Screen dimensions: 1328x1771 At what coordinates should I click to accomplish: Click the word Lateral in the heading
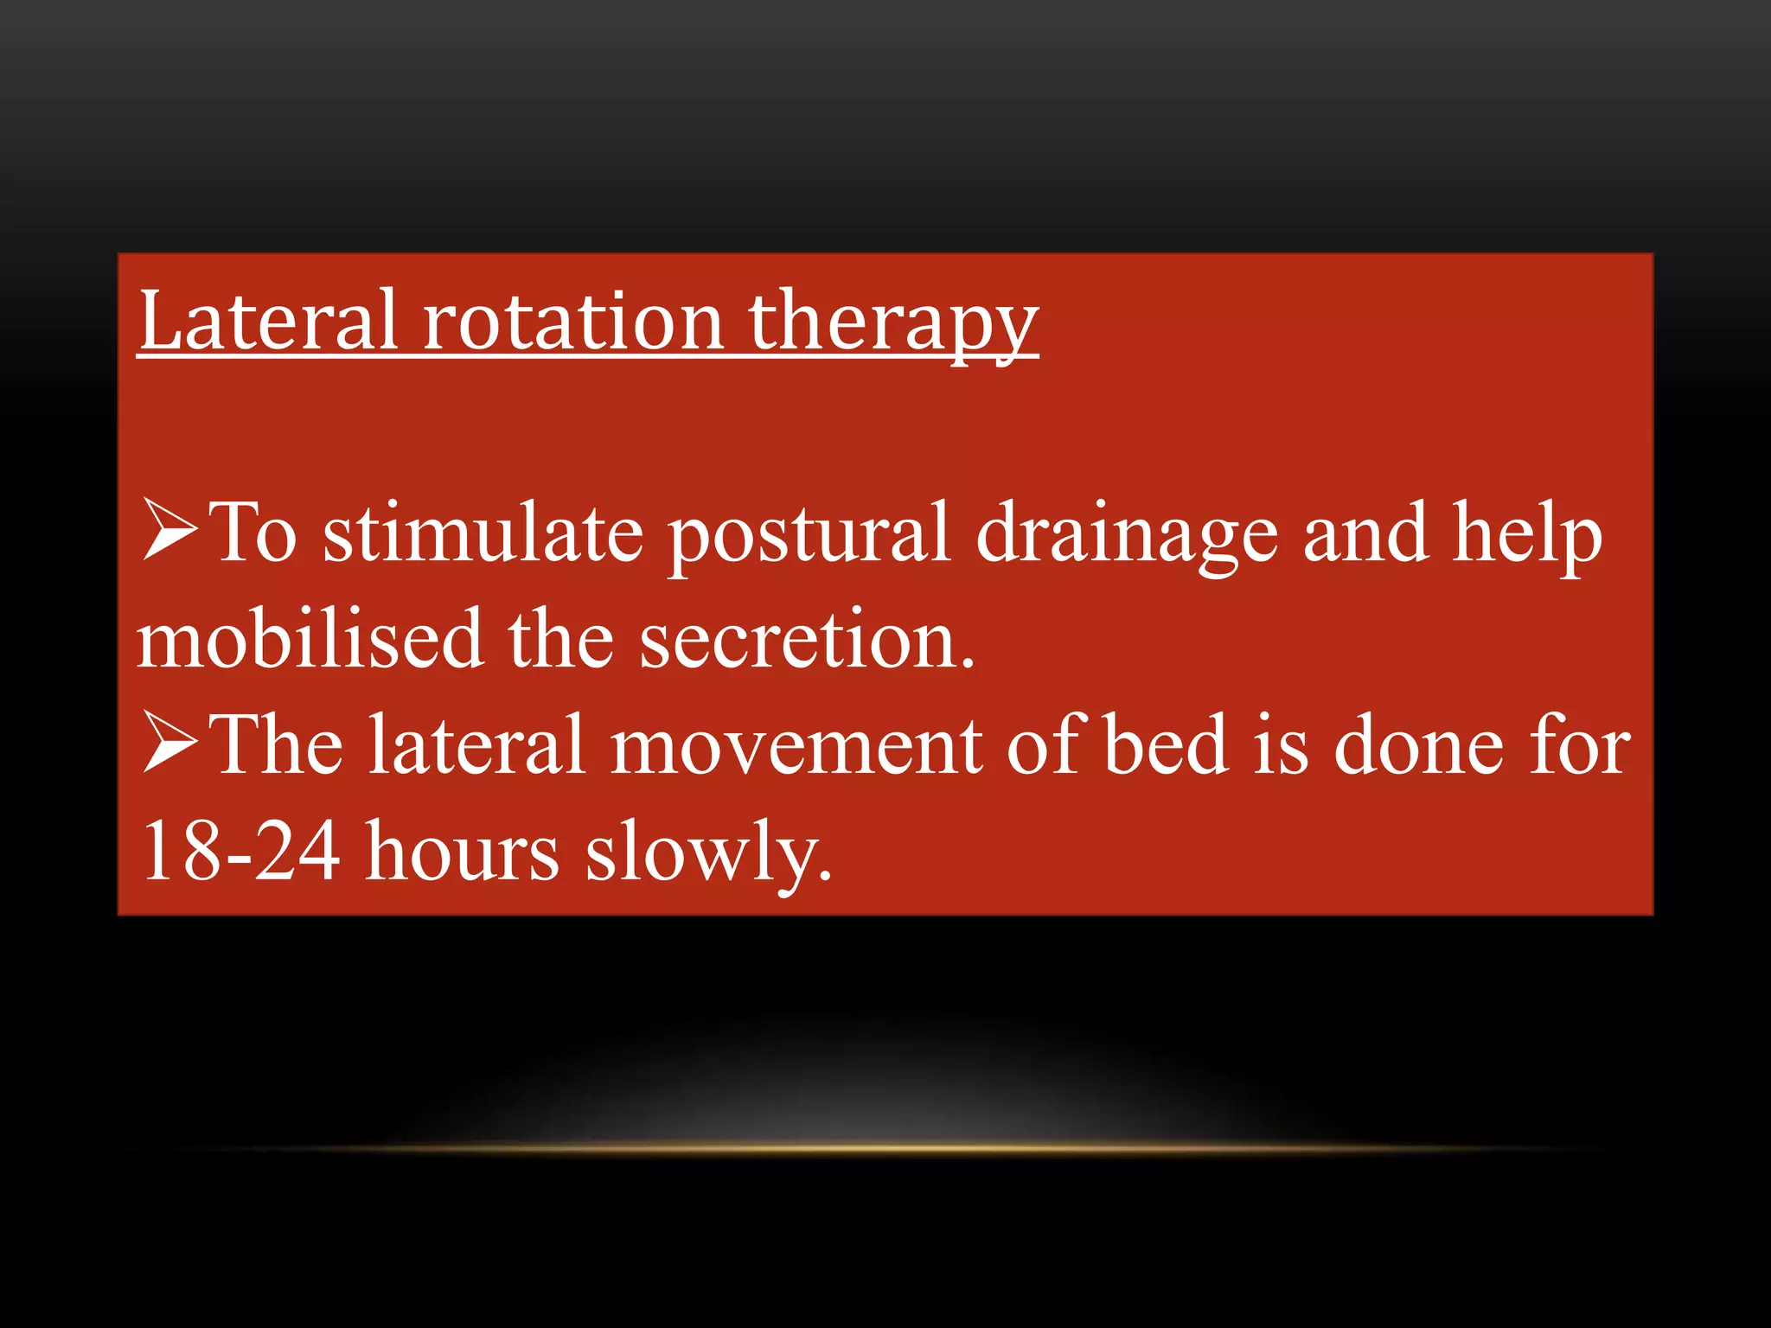pos(268,322)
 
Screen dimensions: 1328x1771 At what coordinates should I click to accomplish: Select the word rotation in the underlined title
pos(572,322)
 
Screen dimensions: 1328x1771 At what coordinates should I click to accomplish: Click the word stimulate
pos(483,534)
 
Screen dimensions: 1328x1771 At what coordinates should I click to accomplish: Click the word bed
pos(1167,745)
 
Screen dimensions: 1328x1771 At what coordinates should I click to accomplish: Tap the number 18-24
pos(240,852)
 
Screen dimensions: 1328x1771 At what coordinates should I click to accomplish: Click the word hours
pos(462,852)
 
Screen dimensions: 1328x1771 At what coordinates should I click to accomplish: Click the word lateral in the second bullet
pos(477,745)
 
